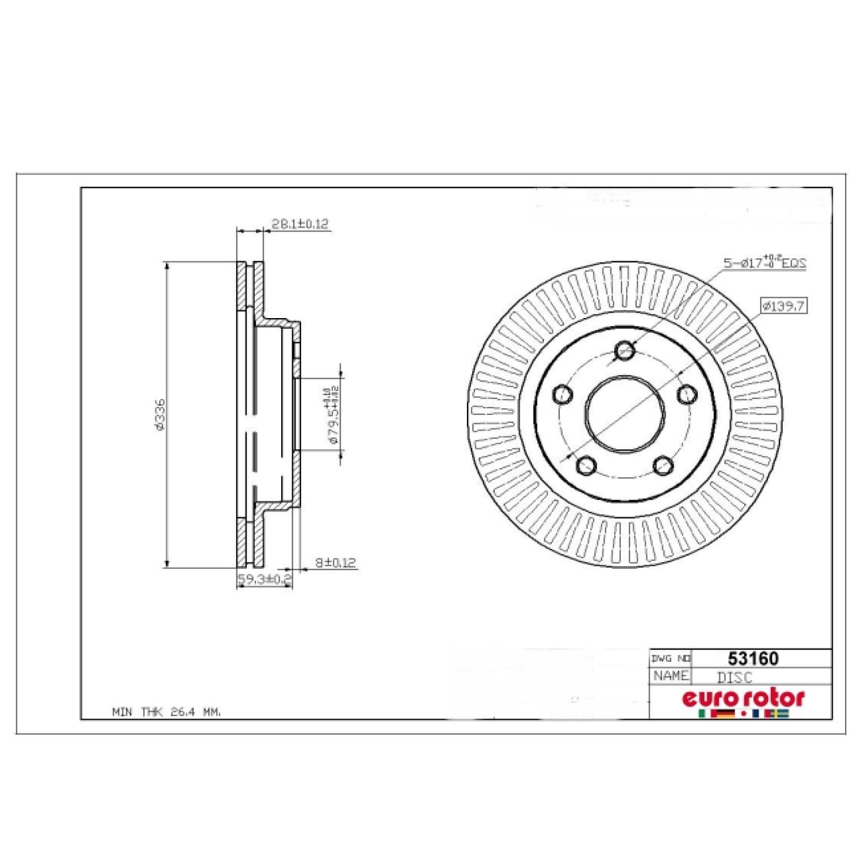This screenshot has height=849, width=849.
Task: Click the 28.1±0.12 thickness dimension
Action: pos(299,224)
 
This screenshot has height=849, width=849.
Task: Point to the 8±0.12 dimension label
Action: pos(335,563)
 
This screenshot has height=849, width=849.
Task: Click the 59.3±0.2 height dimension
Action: pos(264,580)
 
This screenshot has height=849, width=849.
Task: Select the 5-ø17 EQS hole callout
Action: pos(764,263)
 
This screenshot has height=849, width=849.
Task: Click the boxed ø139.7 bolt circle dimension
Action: pos(783,306)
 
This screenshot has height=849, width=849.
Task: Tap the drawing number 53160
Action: pos(753,658)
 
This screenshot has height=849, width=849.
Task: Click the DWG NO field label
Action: pos(671,659)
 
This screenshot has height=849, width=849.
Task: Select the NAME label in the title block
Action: pos(671,676)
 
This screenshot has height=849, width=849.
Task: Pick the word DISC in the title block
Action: pos(735,677)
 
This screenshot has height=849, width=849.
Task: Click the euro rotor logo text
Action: pos(743,698)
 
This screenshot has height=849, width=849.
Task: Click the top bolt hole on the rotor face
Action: pos(624,350)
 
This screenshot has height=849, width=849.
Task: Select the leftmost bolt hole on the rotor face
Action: pos(561,394)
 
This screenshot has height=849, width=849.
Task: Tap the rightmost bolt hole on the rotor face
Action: pos(687,394)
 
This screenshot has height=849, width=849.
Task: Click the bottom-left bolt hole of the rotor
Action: pos(586,466)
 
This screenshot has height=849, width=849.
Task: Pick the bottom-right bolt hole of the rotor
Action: pos(662,466)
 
